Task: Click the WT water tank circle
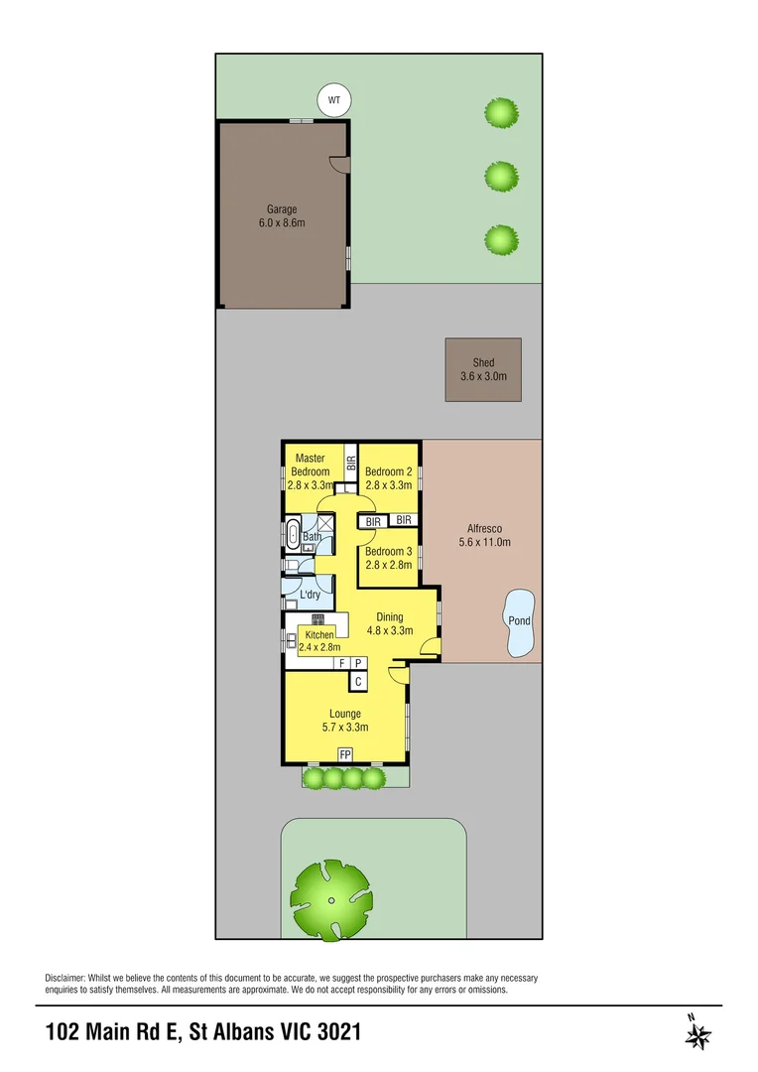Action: (334, 100)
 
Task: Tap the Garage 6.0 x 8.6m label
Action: (282, 215)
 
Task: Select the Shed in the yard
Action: (483, 369)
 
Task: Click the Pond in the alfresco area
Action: (519, 623)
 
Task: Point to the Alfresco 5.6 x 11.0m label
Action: (483, 535)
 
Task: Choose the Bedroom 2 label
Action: (388, 478)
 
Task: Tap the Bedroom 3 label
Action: (388, 558)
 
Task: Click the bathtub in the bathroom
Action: (293, 534)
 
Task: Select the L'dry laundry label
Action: (310, 595)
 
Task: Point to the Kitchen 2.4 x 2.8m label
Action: (318, 641)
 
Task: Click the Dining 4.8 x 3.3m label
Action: (389, 622)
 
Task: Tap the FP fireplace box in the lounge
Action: (345, 755)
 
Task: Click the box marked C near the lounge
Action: (358, 682)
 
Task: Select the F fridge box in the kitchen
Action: (342, 663)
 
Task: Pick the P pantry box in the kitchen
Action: (358, 663)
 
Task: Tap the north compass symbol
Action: (698, 1032)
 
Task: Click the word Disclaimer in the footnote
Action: (66, 979)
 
